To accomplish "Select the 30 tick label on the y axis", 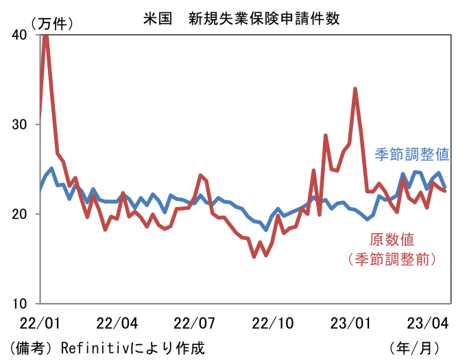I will tap(20, 124).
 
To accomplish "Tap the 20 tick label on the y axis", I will tap(20, 214).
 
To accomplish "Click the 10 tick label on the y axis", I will tap(20, 303).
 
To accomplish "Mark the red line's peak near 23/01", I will tap(355, 88).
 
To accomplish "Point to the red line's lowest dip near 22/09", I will tap(254, 256).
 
